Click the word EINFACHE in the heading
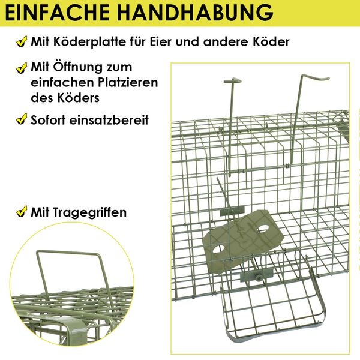[x=57, y=13]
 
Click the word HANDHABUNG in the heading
[x=196, y=13]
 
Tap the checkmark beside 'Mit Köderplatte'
[x=22, y=42]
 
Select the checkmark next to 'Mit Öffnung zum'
[x=22, y=68]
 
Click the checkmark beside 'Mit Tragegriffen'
[x=22, y=211]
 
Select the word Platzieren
[x=128, y=82]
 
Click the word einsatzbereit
[x=109, y=120]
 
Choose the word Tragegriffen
[x=90, y=212]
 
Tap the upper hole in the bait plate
[x=263, y=229]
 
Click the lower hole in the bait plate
[x=218, y=250]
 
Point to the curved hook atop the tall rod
[x=316, y=79]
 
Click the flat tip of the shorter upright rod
[x=233, y=80]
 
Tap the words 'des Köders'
[x=65, y=98]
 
